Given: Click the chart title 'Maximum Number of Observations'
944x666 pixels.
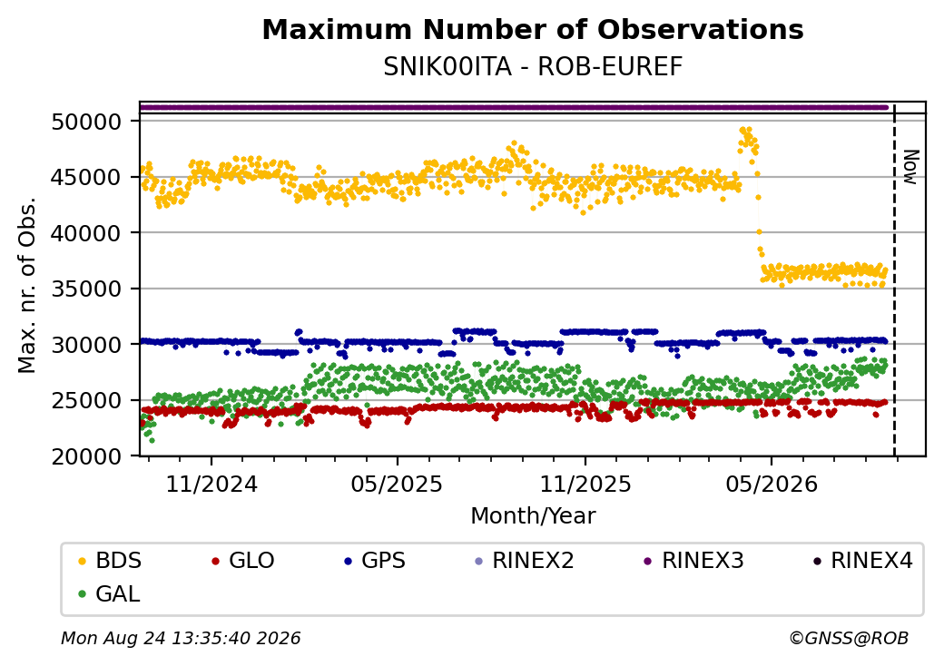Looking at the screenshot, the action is pos(533,29).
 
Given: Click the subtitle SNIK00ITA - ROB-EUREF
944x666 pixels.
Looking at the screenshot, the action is pos(533,67).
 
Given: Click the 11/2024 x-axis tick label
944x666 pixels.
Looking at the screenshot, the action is pos(211,485).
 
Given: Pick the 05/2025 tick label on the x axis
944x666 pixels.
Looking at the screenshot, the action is pos(397,485).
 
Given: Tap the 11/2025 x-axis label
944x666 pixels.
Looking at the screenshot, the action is pos(585,485).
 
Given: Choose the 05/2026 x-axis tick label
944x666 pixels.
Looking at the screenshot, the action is pos(772,485).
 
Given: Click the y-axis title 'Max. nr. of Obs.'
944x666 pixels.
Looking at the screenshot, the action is pos(27,285).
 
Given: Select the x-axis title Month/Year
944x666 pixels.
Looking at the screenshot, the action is pos(533,516).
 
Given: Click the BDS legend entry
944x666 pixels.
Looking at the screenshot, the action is pos(110,561).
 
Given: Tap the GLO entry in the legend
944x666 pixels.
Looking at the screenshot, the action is pos(243,561).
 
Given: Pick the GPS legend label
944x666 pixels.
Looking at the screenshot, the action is pos(375,561).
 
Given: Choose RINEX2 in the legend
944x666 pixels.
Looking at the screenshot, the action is pos(525,561).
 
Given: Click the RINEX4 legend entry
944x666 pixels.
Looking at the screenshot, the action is pos(862,561).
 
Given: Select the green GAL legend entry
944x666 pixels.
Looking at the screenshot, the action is pos(110,593).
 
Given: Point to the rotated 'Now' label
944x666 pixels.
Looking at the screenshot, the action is pos(911,167).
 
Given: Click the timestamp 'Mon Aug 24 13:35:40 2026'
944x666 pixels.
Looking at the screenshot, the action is pos(181,638).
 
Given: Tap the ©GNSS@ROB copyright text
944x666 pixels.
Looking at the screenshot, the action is pos(849,638).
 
